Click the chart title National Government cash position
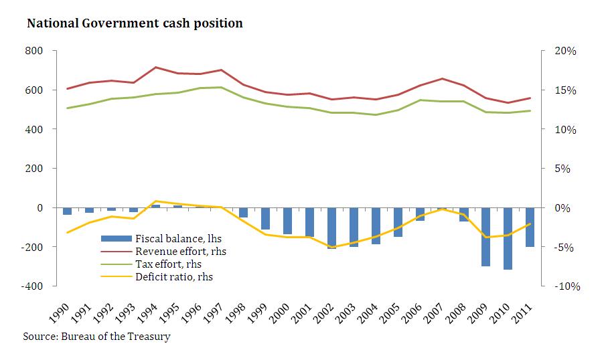point(134,23)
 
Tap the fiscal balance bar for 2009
point(485,237)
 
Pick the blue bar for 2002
point(331,228)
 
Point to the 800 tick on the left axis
point(33,51)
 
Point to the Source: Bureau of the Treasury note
point(96,336)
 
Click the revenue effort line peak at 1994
point(155,67)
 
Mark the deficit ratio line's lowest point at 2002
point(331,247)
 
